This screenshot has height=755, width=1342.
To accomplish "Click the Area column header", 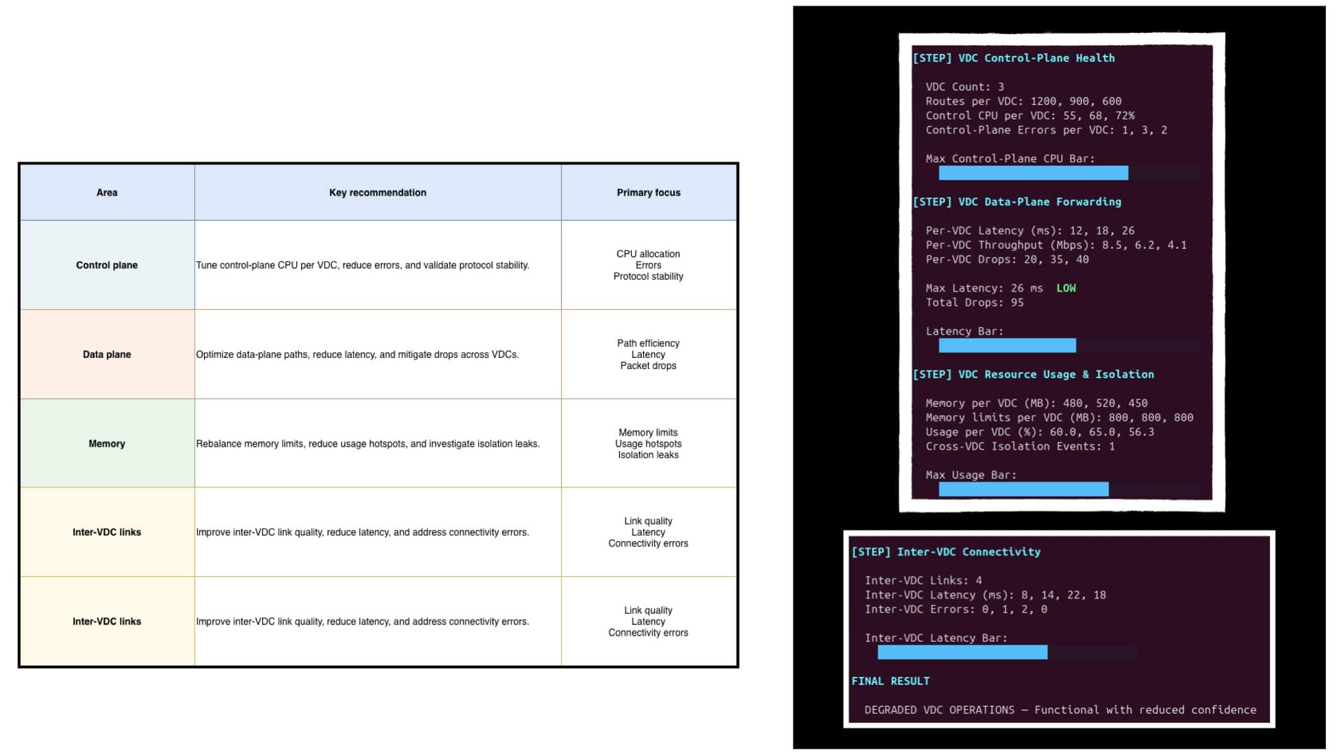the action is point(107,192).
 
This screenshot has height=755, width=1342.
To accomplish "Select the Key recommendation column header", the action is point(377,192).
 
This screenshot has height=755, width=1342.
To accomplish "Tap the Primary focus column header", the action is point(649,192).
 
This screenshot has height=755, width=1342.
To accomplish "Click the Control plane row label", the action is point(107,265).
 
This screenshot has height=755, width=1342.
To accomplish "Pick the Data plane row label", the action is point(107,354).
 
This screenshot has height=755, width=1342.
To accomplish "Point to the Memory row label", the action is point(107,444).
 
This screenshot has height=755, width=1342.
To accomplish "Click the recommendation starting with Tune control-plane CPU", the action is point(363,265).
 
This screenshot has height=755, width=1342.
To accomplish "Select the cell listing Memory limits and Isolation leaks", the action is point(649,444).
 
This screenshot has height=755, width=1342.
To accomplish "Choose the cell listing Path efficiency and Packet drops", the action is point(649,354).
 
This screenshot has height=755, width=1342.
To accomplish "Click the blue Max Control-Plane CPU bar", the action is point(1033,173).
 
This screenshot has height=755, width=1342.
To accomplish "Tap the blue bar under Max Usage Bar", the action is point(1023,489).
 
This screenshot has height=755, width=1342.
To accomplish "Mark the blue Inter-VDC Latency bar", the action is point(962,652).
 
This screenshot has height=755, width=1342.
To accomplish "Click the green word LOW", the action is point(1066,288).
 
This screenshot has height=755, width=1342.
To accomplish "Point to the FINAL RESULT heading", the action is point(890,681).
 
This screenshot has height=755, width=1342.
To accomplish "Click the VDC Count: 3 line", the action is point(965,87).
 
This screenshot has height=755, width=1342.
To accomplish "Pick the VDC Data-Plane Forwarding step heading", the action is point(1017,202).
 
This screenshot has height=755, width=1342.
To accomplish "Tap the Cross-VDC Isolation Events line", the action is point(1020,446).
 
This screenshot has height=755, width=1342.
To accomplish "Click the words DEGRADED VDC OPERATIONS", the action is point(939,710).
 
